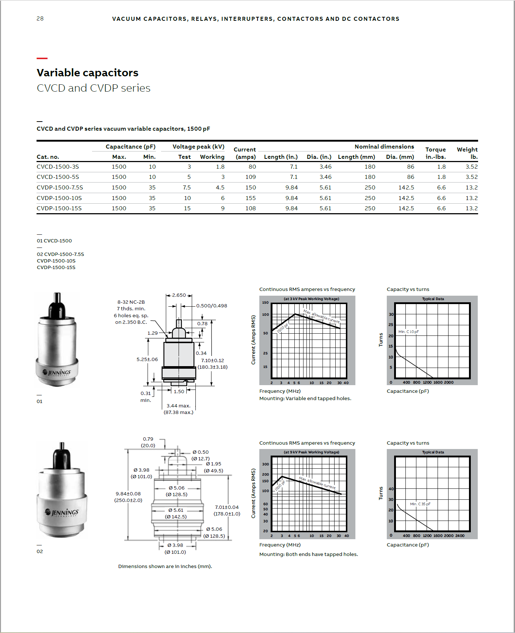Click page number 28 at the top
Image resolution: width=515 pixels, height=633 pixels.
[x=40, y=19]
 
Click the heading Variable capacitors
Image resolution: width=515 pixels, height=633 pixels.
[x=87, y=73]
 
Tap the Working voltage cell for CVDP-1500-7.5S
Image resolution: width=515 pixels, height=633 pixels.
[x=220, y=187]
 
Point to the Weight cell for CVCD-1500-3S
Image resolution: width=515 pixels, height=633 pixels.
[x=472, y=166]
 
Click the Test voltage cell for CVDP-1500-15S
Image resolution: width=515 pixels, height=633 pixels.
[x=187, y=208]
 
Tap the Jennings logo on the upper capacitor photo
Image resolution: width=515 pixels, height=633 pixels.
[x=57, y=372]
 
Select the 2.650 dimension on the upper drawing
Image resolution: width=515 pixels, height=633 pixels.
[x=179, y=295]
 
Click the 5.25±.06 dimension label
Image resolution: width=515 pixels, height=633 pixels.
[x=147, y=359]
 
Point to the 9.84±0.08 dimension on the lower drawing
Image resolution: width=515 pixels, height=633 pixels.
[x=128, y=494]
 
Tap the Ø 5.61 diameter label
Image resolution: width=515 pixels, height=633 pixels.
[x=176, y=510]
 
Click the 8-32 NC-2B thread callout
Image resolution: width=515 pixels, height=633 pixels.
[x=131, y=302]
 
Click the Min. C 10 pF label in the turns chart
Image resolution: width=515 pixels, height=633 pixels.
[x=408, y=331]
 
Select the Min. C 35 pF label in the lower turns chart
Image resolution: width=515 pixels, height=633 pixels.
[x=420, y=504]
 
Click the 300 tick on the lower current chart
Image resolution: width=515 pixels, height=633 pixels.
[x=266, y=464]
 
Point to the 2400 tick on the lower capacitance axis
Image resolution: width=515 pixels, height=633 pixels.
[x=460, y=536]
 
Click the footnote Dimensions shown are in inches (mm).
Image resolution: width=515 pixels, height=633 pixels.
[x=165, y=566]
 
